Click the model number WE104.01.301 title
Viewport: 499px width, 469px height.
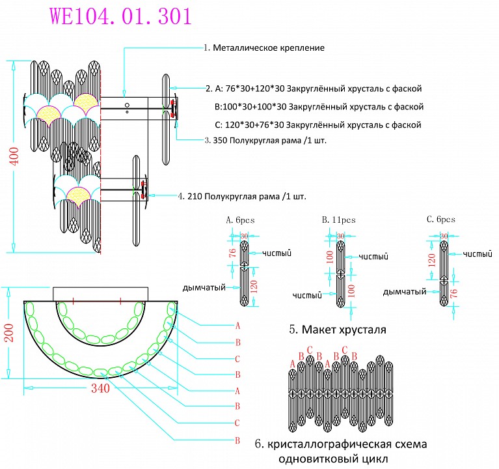point(121,16)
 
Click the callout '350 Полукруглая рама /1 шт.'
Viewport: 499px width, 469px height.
point(255,140)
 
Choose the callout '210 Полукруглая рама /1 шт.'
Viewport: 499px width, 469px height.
point(241,195)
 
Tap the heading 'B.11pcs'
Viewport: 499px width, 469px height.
point(338,220)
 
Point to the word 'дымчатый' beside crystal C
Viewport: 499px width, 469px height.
point(405,292)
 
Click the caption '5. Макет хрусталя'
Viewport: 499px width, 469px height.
point(337,330)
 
